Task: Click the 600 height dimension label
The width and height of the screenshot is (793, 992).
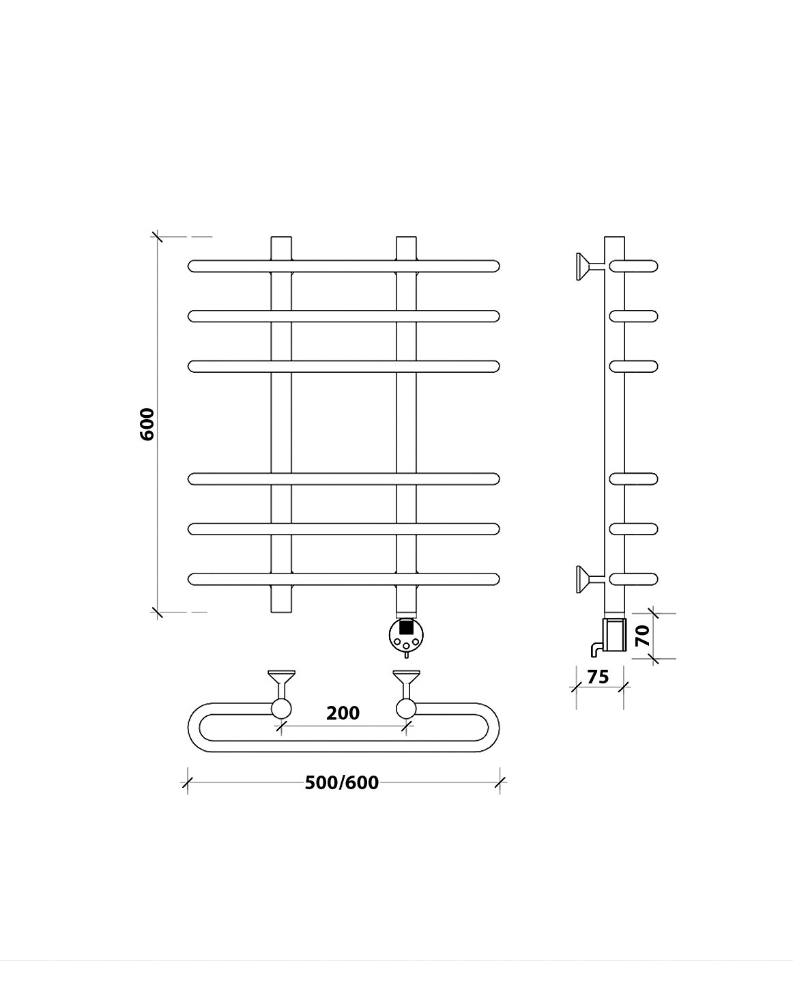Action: [x=147, y=424]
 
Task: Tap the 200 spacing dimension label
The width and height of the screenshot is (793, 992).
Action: [x=343, y=713]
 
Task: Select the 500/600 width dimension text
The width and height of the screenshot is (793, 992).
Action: [x=342, y=782]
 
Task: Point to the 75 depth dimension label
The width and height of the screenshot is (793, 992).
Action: [x=598, y=677]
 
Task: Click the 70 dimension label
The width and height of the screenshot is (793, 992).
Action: [x=643, y=636]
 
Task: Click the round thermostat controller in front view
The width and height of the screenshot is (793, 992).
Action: [x=406, y=635]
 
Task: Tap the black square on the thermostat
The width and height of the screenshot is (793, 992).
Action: [x=406, y=627]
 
